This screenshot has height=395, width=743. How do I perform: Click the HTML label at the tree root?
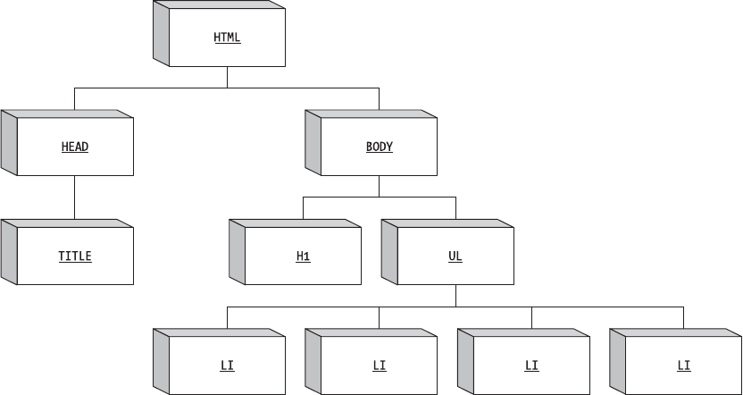pos(227,38)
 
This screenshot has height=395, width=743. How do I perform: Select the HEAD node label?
pos(75,147)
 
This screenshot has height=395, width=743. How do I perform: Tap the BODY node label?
pos(379,147)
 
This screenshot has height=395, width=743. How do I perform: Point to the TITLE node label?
pos(75,256)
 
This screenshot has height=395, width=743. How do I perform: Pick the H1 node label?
pos(303,256)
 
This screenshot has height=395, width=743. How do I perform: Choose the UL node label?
pos(455,256)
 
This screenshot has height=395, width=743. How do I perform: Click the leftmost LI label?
pos(227,366)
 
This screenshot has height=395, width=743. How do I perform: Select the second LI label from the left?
pos(379,366)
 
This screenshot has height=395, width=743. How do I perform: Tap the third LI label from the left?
pos(531,366)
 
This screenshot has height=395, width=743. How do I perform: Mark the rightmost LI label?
pos(683,366)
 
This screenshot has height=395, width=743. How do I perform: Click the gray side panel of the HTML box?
pos(161,34)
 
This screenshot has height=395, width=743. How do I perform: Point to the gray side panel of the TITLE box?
pos(9,251)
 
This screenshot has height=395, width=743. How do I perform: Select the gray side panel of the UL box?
pos(389,251)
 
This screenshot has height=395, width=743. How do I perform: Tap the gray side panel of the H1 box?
pos(237,251)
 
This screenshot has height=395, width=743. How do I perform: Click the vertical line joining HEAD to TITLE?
pos(75,197)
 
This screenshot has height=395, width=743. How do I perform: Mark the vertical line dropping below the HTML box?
pos(227,78)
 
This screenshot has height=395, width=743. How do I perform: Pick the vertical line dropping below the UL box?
pos(455,296)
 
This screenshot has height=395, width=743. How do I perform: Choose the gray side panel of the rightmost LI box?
pos(617,360)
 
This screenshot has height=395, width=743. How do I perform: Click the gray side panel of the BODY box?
pos(313,142)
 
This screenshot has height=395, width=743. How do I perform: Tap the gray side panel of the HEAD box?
pos(9,142)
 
